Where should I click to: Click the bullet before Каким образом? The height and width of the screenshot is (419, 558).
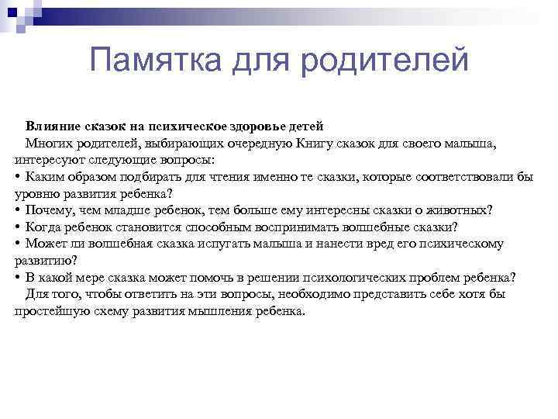pyautogui.click(x=17, y=177)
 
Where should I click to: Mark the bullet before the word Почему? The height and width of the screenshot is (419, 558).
pyautogui.click(x=17, y=210)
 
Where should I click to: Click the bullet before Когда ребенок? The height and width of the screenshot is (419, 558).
pyautogui.click(x=17, y=227)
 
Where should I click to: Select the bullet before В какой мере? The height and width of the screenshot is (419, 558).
pyautogui.click(x=17, y=278)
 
